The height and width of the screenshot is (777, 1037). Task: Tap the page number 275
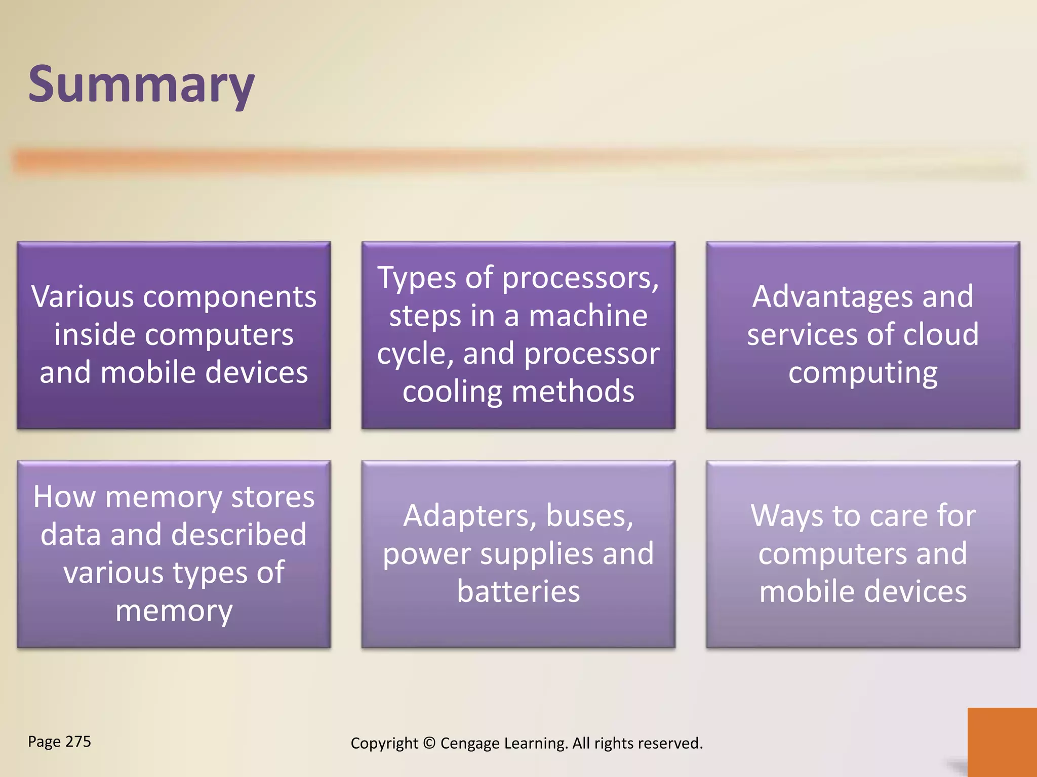click(78, 742)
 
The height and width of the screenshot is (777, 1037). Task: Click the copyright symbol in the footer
click(429, 743)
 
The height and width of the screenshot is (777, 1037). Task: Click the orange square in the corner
click(1002, 742)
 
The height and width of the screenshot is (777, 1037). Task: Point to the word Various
click(83, 296)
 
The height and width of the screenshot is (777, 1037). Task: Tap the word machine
click(588, 316)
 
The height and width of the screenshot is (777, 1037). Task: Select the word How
click(64, 497)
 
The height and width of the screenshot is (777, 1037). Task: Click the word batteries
click(518, 591)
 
